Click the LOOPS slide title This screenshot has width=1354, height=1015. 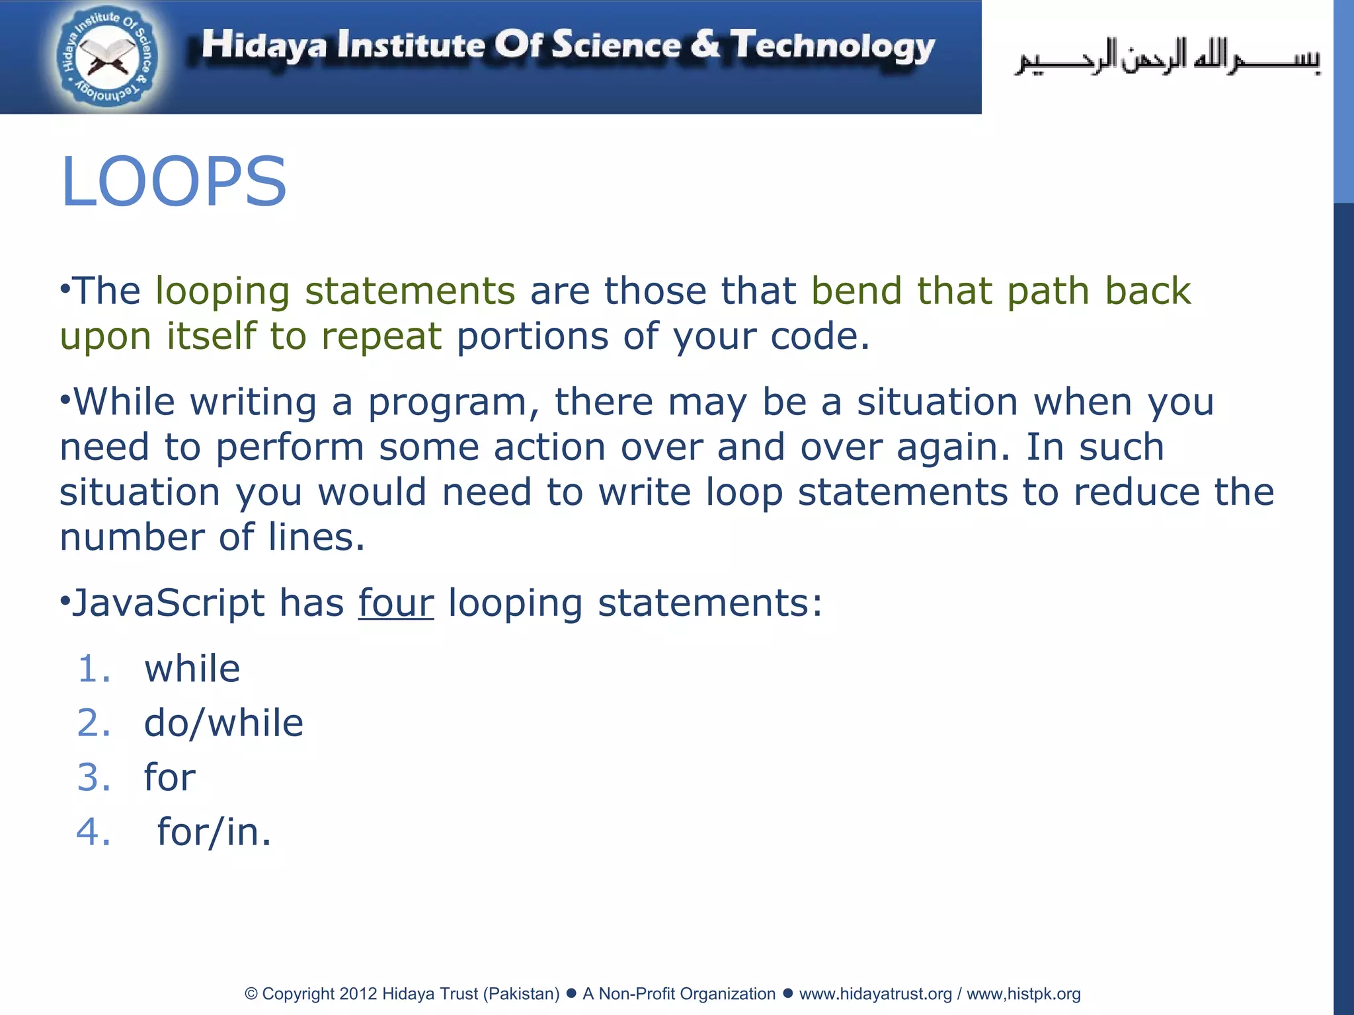[173, 182]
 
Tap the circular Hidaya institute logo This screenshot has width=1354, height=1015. [108, 58]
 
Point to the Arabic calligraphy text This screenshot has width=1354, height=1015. [1167, 57]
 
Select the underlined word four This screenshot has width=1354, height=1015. [395, 603]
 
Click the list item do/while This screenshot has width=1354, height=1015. [223, 723]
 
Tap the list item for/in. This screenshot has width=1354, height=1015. [214, 832]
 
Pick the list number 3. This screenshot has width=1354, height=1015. [93, 777]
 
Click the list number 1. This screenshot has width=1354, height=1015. [93, 669]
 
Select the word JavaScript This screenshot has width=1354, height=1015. [168, 603]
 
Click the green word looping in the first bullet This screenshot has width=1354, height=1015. [222, 292]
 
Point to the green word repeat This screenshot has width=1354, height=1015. [381, 336]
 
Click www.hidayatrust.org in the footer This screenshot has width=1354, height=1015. [875, 994]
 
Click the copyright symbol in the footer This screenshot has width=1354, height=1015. [251, 994]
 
